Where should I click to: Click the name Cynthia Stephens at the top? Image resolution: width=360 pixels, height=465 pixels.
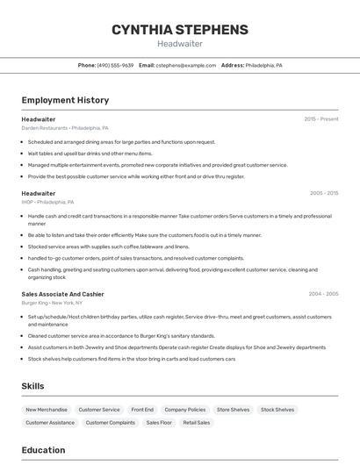coord(180,30)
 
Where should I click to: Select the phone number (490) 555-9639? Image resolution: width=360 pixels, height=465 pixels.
coord(115,65)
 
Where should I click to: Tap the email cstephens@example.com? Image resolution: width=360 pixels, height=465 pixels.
coord(186,65)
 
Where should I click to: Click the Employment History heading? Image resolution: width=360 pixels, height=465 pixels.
coord(65,101)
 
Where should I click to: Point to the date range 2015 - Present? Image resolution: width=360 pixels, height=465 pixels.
coord(321,119)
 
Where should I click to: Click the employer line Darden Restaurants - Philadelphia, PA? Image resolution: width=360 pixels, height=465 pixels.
coord(65,128)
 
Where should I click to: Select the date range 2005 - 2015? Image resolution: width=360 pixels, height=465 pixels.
coord(324,193)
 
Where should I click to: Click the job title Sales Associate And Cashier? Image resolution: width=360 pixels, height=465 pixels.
coord(62,294)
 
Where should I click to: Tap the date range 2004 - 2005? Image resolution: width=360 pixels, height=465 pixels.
coord(324,294)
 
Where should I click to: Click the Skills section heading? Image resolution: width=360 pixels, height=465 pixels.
coord(33,386)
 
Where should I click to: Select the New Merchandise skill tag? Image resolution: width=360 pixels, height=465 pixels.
coord(47,410)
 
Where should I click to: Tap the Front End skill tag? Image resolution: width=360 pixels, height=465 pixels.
coord(142,410)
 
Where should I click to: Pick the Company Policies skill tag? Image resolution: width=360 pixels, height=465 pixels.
coord(185,410)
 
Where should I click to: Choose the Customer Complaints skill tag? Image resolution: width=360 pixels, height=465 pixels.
coord(110,423)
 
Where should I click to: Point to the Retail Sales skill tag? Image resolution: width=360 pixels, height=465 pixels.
coord(197,423)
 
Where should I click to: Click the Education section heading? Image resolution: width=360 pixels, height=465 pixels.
coord(44,450)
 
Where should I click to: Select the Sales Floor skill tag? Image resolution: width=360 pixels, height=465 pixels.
coord(159,423)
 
